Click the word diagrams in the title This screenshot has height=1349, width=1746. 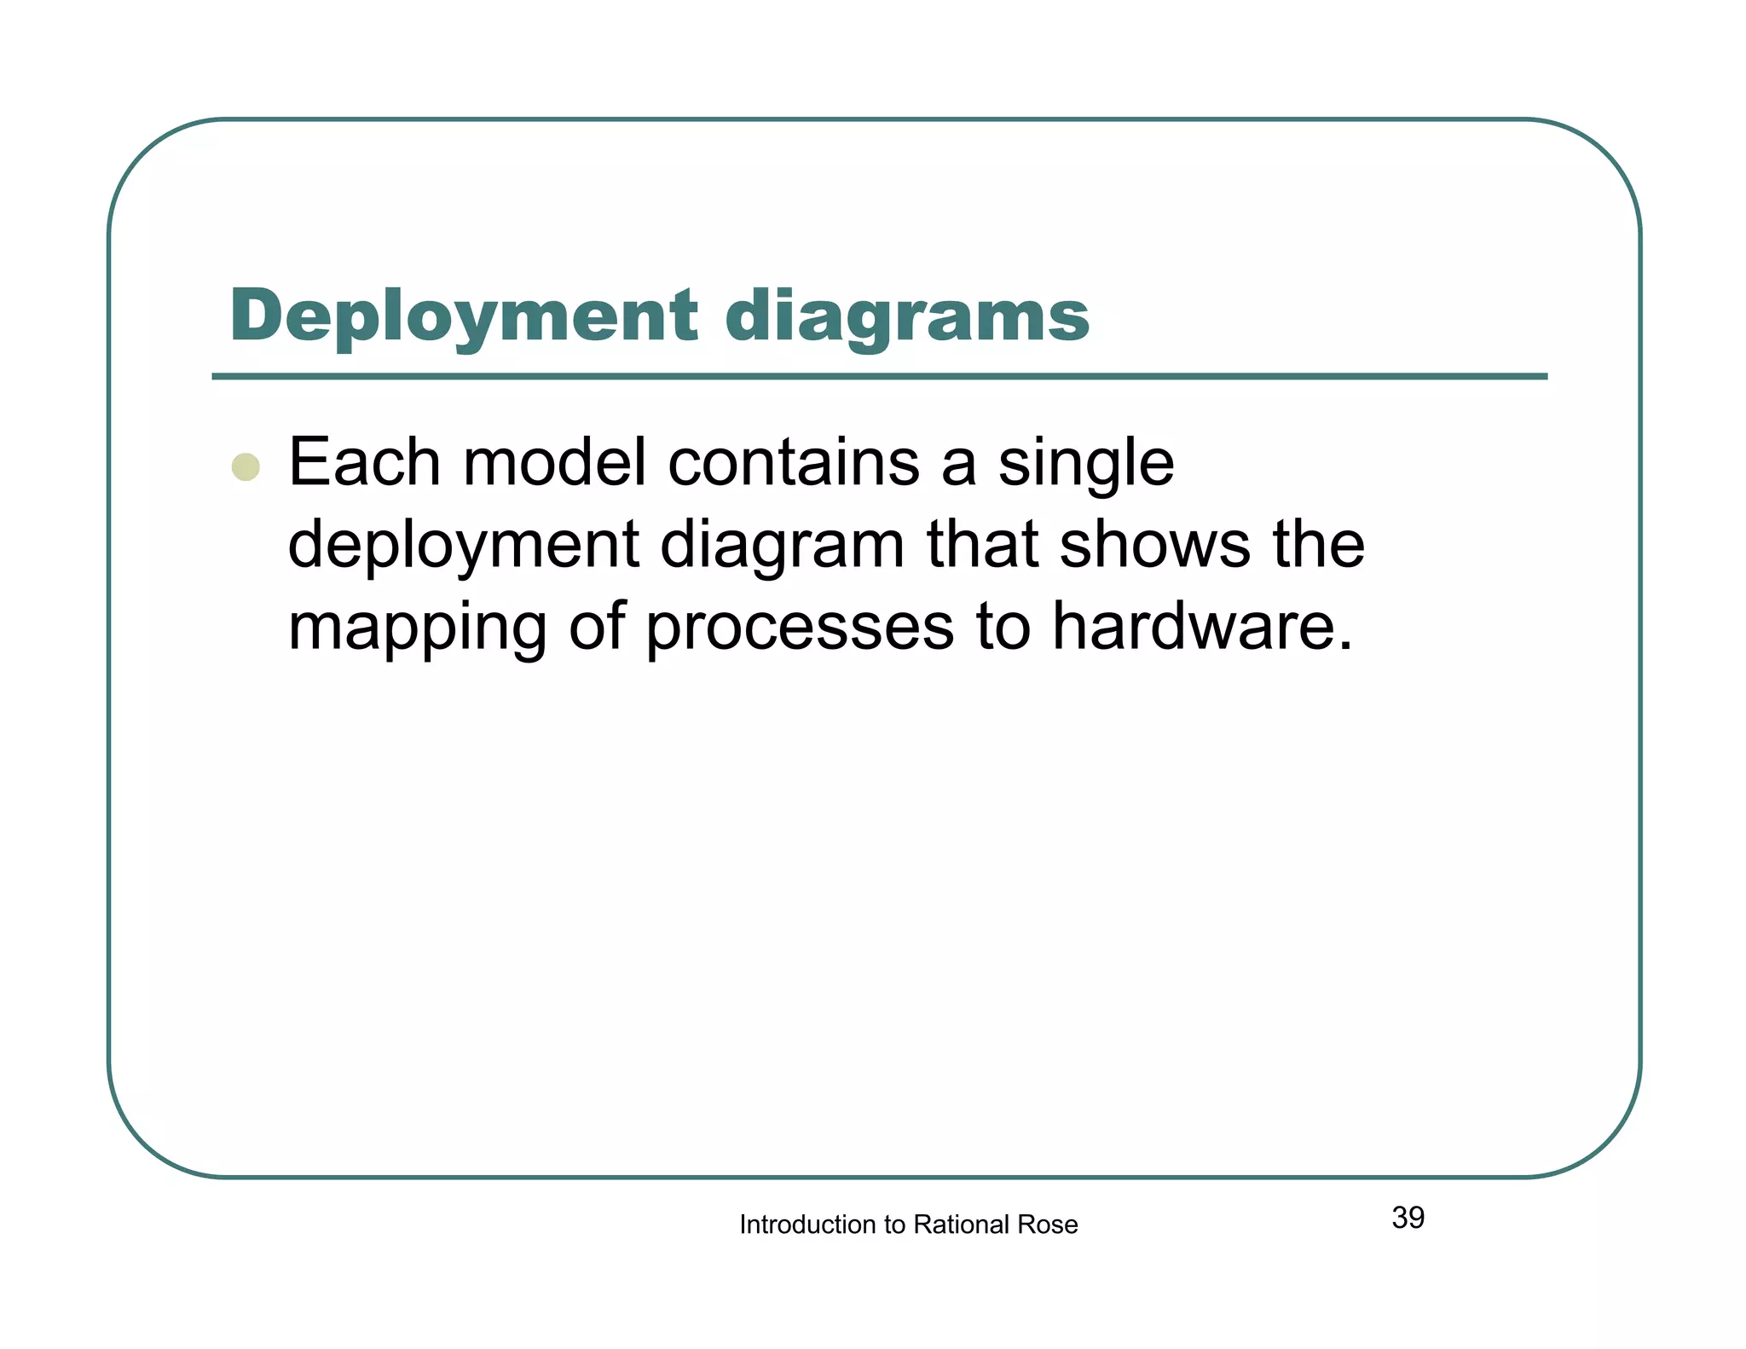coord(907,317)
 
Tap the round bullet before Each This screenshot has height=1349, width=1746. coord(246,466)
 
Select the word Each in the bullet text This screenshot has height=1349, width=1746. coord(364,462)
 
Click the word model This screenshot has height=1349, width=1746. coord(554,462)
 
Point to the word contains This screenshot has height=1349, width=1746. coord(793,462)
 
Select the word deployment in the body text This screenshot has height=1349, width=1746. coord(463,546)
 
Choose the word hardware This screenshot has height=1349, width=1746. coord(1202,627)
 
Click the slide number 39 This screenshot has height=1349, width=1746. coord(1408,1218)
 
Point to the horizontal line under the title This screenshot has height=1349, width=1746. coord(878,376)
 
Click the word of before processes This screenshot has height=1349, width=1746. coord(595,627)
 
